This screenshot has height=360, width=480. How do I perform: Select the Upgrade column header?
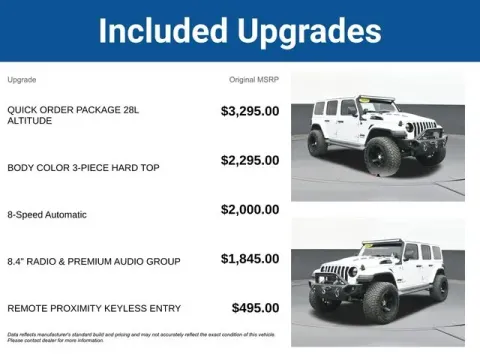22,79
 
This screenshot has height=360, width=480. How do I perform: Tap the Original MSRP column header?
255,79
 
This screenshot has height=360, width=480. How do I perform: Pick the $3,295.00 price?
250,111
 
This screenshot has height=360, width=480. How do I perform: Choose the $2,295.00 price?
250,160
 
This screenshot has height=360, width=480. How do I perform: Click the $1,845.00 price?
250,258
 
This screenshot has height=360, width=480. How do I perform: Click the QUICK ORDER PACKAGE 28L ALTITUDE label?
66,115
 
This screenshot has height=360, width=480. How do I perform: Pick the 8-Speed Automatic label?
47,214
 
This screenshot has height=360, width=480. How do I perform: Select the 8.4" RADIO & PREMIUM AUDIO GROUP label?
94,261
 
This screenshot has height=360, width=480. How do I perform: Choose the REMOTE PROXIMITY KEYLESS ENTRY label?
93,309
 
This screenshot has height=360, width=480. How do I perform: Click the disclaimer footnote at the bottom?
140,337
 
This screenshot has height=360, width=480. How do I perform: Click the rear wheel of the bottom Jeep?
438,287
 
